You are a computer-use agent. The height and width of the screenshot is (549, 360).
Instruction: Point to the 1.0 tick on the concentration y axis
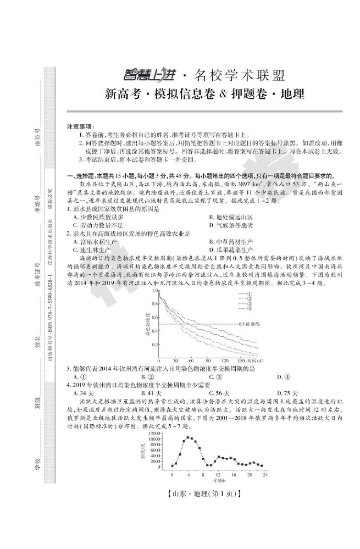pyautogui.click(x=154, y=290)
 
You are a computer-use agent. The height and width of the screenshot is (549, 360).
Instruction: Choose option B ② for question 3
pyautogui.click(x=146, y=376)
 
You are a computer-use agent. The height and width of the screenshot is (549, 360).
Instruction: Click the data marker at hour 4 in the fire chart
pyautogui.click(x=188, y=437)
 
